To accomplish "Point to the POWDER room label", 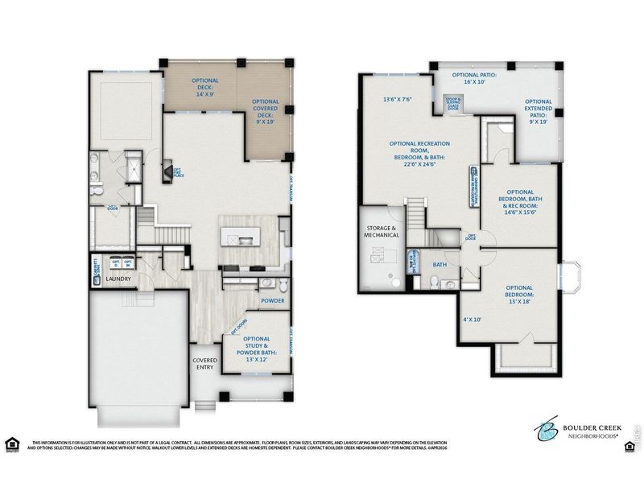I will click(273, 301).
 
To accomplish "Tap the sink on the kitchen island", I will click(239, 240).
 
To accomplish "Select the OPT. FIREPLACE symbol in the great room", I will click(169, 171).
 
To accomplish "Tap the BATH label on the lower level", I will click(440, 264).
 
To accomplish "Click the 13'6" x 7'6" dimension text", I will click(396, 100).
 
